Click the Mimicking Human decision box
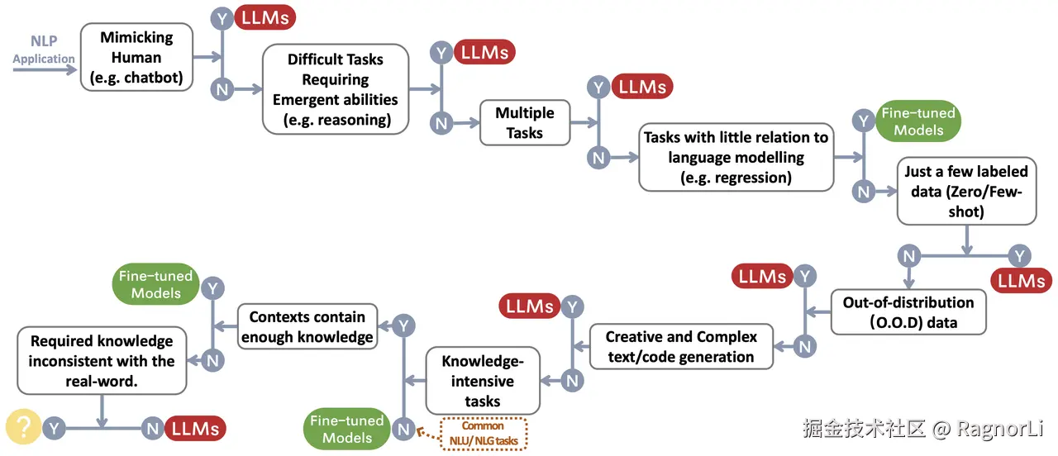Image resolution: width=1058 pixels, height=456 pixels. (136, 59)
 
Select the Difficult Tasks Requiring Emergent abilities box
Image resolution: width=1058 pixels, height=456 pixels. (336, 89)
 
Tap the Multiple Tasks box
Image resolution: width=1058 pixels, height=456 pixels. (525, 122)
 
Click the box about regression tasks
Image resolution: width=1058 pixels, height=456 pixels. (736, 157)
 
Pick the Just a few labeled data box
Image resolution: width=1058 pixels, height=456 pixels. (966, 191)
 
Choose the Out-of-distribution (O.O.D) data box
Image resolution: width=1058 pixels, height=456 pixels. (908, 311)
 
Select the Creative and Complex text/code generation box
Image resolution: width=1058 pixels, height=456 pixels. (680, 347)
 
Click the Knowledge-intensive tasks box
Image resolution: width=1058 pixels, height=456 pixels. (482, 381)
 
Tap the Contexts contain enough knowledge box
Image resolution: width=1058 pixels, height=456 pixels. (307, 326)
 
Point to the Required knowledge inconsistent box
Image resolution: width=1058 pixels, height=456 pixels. (102, 361)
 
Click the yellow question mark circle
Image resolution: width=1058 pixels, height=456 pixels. (24, 427)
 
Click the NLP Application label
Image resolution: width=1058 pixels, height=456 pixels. (43, 50)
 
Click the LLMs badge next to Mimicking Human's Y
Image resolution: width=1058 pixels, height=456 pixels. (264, 17)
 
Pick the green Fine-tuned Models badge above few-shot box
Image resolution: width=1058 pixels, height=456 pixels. (918, 121)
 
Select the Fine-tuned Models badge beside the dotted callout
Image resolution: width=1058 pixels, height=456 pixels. (347, 429)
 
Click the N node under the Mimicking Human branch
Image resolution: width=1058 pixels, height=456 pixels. (222, 88)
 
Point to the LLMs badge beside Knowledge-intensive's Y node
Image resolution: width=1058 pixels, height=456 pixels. (530, 306)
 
